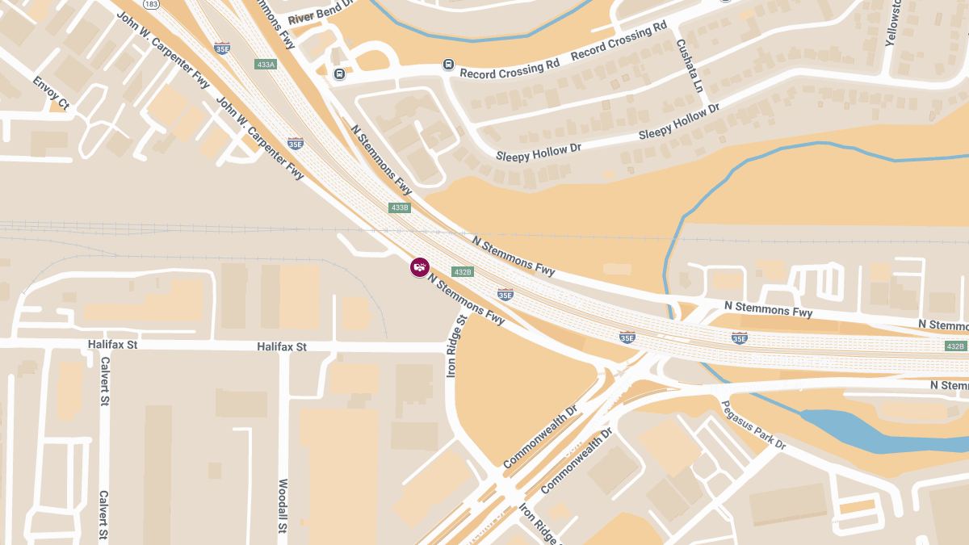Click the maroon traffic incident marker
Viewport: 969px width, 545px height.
tap(419, 267)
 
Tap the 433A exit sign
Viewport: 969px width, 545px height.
tap(266, 64)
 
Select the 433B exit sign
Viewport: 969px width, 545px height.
tap(400, 208)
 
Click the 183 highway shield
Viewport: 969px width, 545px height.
tap(151, 4)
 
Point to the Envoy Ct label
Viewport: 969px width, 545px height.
tap(52, 93)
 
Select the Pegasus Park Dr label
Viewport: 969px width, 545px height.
tap(753, 425)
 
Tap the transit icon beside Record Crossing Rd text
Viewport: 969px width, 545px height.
tap(448, 65)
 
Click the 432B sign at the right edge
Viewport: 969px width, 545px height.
tap(955, 346)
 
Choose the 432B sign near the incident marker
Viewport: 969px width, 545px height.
tap(462, 271)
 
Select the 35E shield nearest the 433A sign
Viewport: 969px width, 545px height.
tap(222, 48)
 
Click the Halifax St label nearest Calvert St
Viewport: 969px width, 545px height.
tap(112, 345)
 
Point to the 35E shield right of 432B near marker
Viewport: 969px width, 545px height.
tap(505, 295)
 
